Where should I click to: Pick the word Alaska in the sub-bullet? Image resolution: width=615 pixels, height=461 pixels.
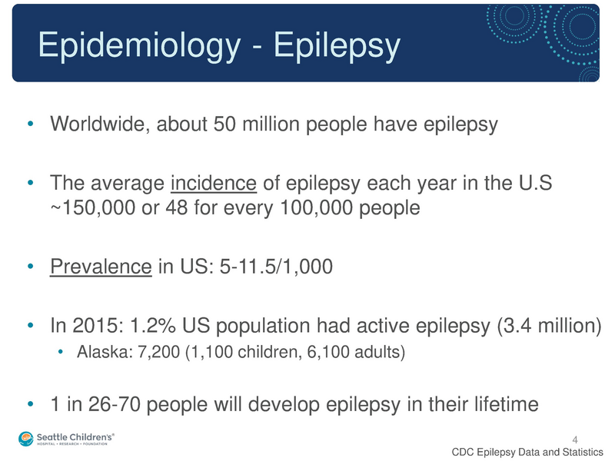[x=101, y=354]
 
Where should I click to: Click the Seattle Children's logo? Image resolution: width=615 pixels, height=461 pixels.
[x=66, y=438]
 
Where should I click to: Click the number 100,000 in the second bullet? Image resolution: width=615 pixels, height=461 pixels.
[x=314, y=208]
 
